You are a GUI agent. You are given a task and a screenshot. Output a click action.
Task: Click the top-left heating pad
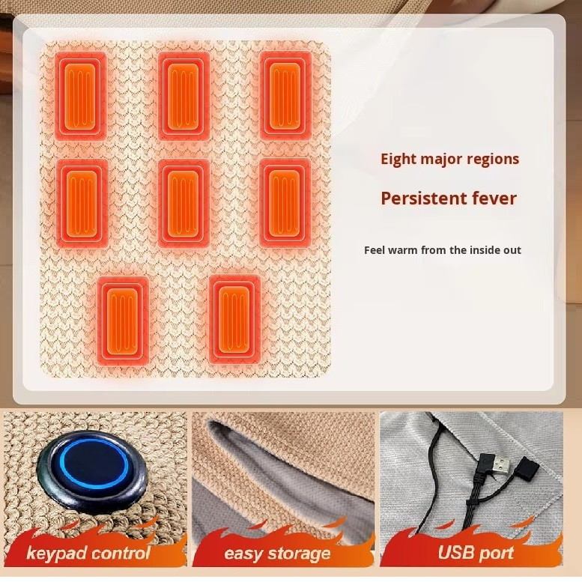click(81, 96)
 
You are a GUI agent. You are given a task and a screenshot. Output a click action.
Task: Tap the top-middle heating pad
click(183, 96)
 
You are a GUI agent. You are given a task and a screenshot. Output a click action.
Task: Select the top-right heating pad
click(285, 96)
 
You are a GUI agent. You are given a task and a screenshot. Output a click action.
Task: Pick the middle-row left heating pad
click(82, 204)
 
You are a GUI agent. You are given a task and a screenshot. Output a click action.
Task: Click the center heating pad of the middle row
click(184, 204)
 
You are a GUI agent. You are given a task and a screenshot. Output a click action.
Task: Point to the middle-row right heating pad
click(285, 203)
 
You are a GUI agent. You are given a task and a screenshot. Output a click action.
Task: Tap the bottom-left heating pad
click(123, 321)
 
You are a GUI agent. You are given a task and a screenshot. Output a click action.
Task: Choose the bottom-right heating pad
click(234, 320)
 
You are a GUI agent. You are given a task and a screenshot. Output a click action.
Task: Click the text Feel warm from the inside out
click(443, 250)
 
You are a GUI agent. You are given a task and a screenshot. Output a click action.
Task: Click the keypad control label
click(88, 554)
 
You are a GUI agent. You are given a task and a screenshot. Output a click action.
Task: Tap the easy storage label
click(277, 554)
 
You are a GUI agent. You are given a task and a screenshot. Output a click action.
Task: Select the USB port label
click(476, 553)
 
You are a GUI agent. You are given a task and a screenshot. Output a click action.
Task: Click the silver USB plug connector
click(500, 465)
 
